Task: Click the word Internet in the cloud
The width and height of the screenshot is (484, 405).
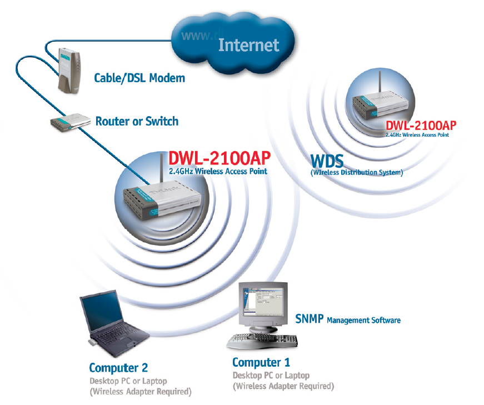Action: [x=248, y=45]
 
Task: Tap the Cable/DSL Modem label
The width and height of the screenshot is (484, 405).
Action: [x=139, y=78]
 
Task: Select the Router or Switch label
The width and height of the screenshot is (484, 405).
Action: [x=137, y=121]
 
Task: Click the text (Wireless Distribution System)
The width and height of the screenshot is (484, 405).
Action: [x=356, y=173]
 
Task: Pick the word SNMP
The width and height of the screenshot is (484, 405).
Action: [x=310, y=319]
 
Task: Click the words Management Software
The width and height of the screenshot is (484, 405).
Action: [x=363, y=320]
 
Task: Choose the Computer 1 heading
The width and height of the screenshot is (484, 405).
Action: [x=261, y=363]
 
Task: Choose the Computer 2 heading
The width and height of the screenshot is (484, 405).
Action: [x=118, y=368]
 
